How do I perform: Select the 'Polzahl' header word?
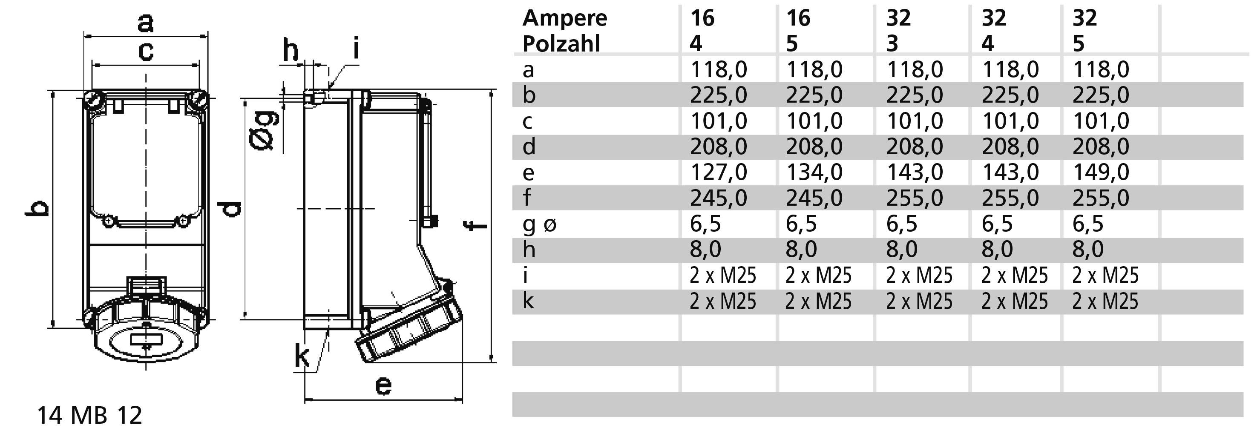click(561, 44)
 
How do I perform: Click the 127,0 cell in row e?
click(718, 172)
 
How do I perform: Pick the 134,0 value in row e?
click(814, 172)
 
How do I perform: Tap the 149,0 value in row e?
click(1101, 172)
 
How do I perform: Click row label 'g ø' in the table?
click(539, 224)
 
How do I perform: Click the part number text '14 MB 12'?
click(89, 416)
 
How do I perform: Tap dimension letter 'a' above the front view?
click(145, 23)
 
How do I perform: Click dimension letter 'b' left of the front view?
click(37, 208)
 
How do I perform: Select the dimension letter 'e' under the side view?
click(383, 386)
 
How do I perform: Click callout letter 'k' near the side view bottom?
click(302, 356)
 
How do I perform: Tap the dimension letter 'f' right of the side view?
click(475, 225)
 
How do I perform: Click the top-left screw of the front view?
click(93, 101)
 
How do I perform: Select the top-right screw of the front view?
click(198, 101)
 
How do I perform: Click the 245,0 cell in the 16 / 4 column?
click(718, 198)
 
